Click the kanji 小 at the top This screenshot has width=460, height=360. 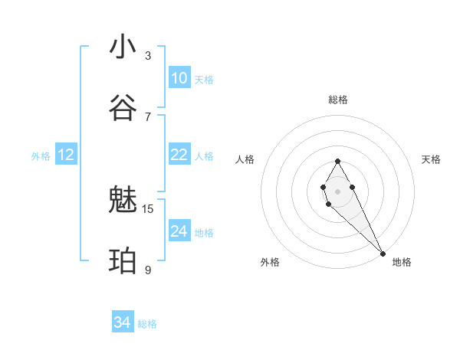(123, 47)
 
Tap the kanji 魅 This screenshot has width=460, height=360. (123, 200)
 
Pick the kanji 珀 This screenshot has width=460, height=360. (123, 261)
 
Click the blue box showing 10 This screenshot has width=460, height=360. (179, 78)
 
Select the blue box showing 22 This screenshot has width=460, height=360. (179, 155)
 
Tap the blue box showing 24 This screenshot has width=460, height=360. (179, 231)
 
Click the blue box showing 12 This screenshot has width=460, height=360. (66, 155)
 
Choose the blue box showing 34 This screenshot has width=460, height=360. (123, 322)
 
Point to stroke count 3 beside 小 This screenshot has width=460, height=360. (148, 55)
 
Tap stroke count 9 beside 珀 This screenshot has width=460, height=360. (148, 270)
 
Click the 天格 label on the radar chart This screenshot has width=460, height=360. (431, 159)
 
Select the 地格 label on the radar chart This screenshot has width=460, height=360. (402, 262)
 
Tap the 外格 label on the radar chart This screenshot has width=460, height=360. (270, 262)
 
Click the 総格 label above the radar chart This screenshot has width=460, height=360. (337, 100)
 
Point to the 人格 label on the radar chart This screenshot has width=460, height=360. (245, 159)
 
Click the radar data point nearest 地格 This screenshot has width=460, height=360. (383, 254)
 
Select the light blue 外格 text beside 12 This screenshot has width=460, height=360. (41, 156)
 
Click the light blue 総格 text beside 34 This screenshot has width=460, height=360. (147, 324)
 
